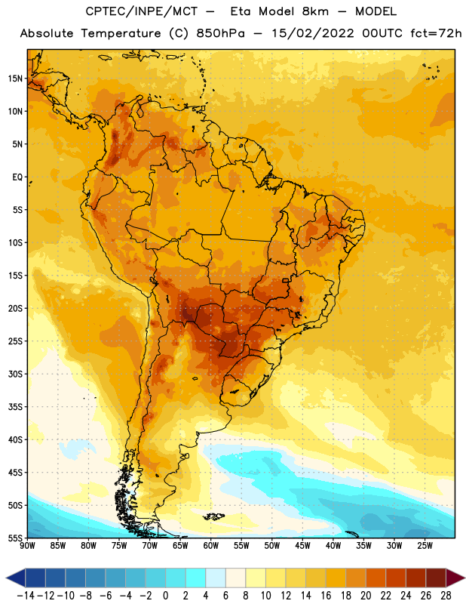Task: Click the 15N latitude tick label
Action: tap(15, 79)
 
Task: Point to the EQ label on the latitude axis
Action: tap(17, 177)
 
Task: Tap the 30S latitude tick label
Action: tap(15, 374)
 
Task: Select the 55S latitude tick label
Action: tap(15, 538)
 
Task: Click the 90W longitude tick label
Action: tap(27, 546)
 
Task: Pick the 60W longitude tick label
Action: tap(211, 546)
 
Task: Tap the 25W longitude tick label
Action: tap(425, 546)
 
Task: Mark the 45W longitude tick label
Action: tap(302, 546)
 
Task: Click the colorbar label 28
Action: tap(446, 596)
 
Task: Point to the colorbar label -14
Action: tap(26, 596)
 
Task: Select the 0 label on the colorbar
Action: tap(165, 596)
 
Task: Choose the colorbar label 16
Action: tap(326, 596)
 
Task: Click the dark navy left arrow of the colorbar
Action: tap(16, 578)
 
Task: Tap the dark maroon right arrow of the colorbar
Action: tap(455, 578)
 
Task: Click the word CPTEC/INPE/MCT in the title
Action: tap(142, 11)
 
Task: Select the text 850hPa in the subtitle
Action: tap(220, 33)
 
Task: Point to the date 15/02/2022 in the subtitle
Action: tap(313, 33)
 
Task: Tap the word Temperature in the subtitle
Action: tap(121, 34)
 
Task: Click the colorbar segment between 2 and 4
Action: tap(195, 578)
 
